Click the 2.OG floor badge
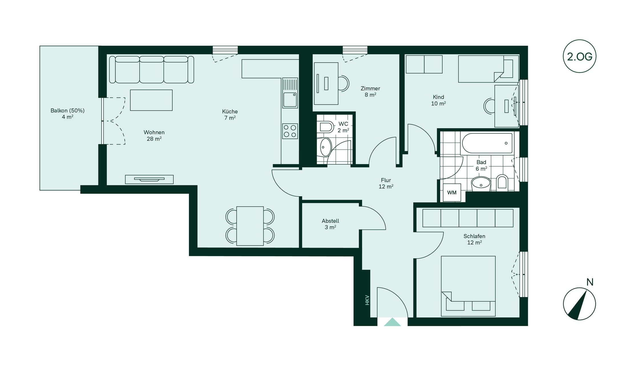click(x=580, y=56)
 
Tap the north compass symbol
click(x=580, y=303)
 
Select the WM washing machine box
click(x=452, y=193)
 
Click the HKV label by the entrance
click(x=367, y=300)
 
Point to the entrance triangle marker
click(x=392, y=322)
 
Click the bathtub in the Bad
click(x=487, y=143)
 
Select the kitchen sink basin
click(x=290, y=100)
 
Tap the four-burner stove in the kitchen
click(x=290, y=131)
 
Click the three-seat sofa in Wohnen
click(x=152, y=70)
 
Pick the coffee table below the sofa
click(x=151, y=100)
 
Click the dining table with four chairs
click(x=250, y=226)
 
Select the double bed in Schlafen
click(x=468, y=286)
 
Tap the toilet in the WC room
click(x=326, y=127)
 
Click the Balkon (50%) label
click(x=68, y=110)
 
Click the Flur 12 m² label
click(x=386, y=183)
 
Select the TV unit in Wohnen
click(x=149, y=179)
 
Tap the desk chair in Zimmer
click(x=344, y=83)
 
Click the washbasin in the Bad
click(x=481, y=184)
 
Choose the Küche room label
click(x=230, y=111)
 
